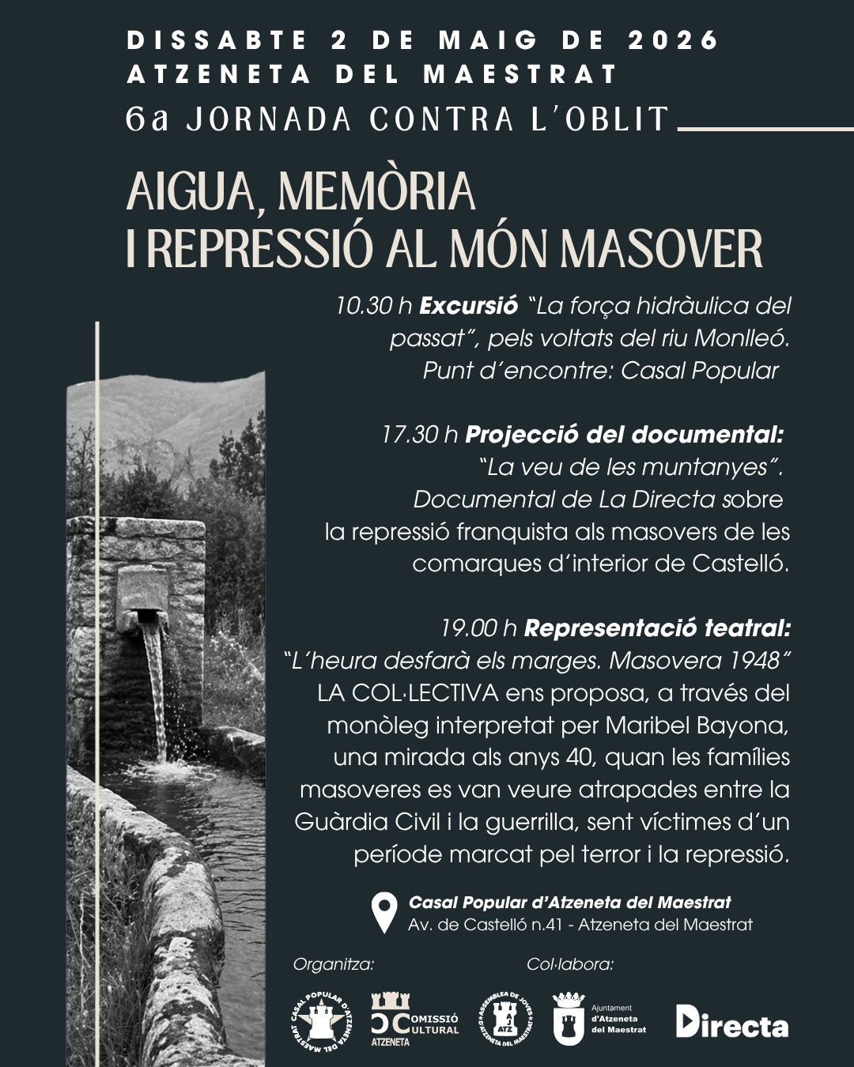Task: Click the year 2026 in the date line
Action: [x=674, y=40]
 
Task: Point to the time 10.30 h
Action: [x=374, y=306]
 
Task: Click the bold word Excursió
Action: [x=468, y=306]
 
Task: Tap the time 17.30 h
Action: [x=420, y=435]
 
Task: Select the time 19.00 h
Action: [x=479, y=628]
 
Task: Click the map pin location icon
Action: [x=385, y=913]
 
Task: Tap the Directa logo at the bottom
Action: [x=732, y=1023]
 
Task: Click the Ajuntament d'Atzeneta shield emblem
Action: [x=569, y=1020]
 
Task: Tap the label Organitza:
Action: [x=333, y=964]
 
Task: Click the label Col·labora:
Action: [x=569, y=964]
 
